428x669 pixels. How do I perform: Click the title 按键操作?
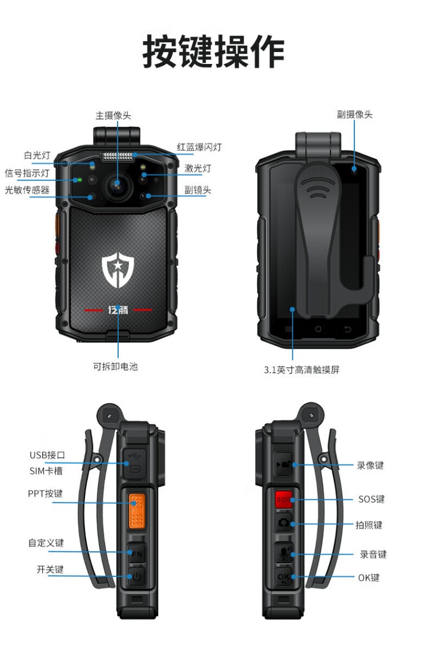(213, 51)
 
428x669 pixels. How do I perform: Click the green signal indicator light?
(78, 179)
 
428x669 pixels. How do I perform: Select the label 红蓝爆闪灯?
(199, 147)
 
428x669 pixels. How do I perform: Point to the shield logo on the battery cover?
(118, 270)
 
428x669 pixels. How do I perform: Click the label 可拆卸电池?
(115, 366)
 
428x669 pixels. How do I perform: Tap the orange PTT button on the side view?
(136, 510)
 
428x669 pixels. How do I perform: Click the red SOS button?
(283, 499)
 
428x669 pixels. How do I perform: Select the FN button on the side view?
(136, 554)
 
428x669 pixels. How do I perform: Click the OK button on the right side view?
(284, 577)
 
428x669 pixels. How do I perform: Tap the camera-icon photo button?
(284, 522)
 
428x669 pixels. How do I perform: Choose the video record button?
(283, 464)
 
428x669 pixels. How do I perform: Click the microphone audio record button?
(284, 554)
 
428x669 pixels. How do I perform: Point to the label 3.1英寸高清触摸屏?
(301, 370)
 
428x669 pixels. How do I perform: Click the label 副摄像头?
(355, 114)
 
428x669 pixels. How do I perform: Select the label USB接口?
(47, 455)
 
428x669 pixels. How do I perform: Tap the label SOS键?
(372, 499)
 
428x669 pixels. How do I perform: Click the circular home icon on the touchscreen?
(318, 330)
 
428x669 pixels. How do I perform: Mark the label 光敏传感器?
(27, 190)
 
